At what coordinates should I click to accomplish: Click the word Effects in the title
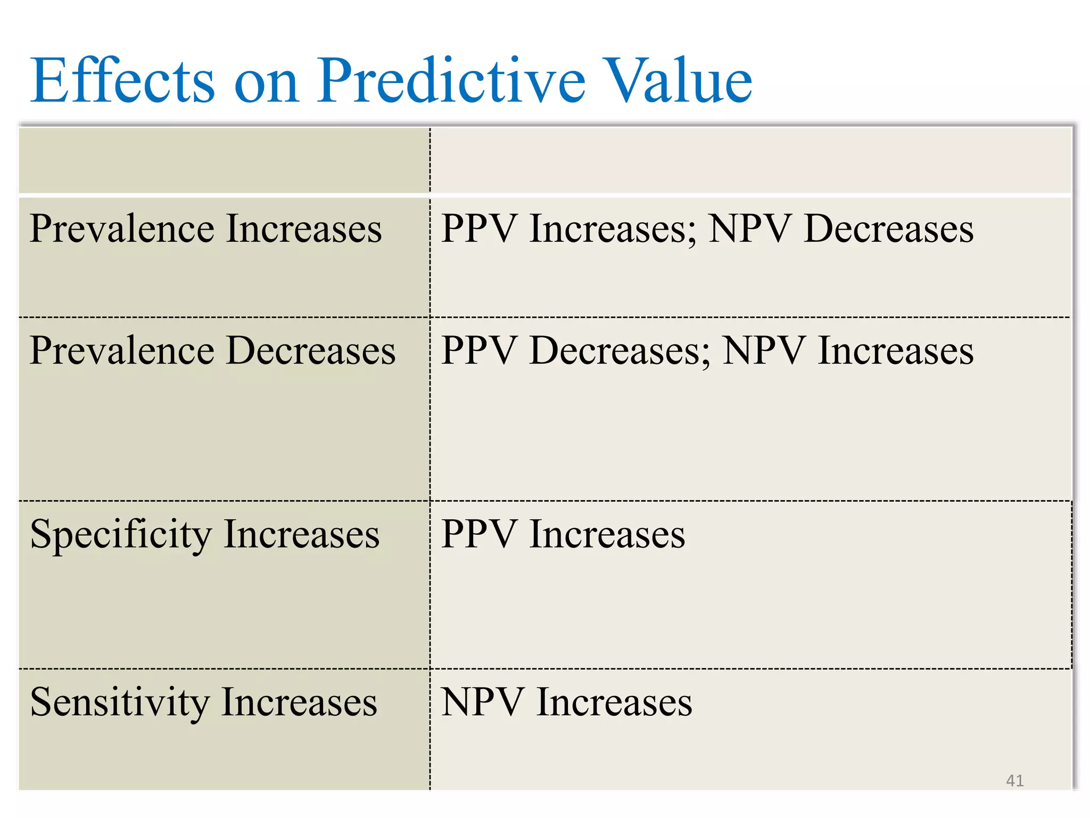[122, 81]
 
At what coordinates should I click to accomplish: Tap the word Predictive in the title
[451, 81]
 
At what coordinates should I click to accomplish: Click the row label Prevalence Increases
[205, 229]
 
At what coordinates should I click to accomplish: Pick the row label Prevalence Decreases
[212, 351]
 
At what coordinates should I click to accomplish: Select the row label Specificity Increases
[205, 534]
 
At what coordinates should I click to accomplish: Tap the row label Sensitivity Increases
[204, 702]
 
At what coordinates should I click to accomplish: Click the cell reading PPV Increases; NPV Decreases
[707, 229]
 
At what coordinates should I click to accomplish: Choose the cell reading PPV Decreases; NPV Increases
[707, 351]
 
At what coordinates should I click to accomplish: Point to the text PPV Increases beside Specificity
[563, 534]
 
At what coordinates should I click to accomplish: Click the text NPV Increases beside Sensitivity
[567, 702]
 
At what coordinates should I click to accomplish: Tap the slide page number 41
[1014, 781]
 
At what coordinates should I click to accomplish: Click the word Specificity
[121, 534]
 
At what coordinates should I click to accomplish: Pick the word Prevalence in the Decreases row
[122, 351]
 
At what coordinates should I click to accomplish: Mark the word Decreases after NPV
[889, 229]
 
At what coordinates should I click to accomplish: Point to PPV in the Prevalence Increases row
[479, 229]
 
